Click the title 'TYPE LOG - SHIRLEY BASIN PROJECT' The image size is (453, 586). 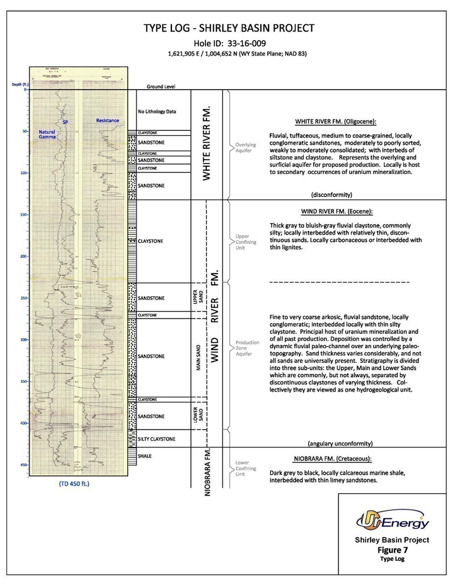229,28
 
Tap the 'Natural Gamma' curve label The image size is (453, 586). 47,134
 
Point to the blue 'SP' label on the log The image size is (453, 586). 65,122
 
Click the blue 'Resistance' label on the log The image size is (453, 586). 107,121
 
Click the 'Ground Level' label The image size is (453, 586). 161,87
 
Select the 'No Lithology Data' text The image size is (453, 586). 157,112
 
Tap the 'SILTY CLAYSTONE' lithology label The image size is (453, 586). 157,439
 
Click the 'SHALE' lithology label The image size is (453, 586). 145,456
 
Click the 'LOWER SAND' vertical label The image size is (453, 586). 198,415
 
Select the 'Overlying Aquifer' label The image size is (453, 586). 246,148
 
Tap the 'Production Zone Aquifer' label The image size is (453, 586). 247,348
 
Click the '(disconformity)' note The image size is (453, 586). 332,195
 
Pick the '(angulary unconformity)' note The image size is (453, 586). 340,444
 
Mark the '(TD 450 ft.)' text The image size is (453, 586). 74,484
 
